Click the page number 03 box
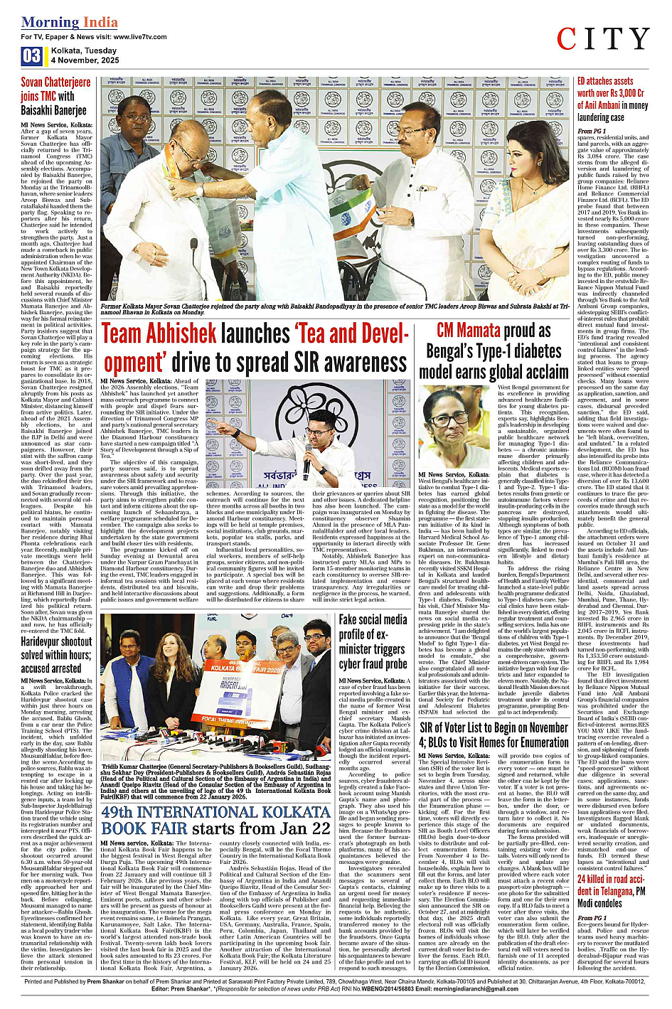(31, 56)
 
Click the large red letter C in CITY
(567, 40)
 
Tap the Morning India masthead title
(70, 22)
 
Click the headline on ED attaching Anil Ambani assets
(612, 100)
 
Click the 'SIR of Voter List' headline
(494, 735)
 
